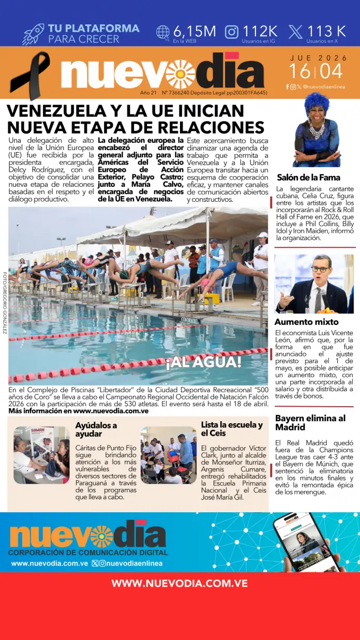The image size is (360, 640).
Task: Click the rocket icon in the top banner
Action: point(33,34)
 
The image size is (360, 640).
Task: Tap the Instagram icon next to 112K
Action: point(232,32)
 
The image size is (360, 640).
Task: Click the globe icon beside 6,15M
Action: point(163,32)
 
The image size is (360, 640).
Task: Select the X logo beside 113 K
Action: point(295,32)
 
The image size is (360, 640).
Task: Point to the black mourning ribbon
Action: point(30,75)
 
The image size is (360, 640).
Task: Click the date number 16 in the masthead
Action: point(299,71)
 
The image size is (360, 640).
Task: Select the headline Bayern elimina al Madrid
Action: point(310,423)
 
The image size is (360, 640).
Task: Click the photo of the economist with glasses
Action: point(314,284)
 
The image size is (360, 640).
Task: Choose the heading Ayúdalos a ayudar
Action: point(96,429)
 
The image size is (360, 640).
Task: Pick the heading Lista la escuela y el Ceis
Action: point(232,429)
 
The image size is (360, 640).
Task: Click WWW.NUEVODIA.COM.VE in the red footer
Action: point(179,583)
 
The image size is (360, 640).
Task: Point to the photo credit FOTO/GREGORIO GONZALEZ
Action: point(5,303)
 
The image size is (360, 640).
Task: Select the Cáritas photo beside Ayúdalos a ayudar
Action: point(41,455)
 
